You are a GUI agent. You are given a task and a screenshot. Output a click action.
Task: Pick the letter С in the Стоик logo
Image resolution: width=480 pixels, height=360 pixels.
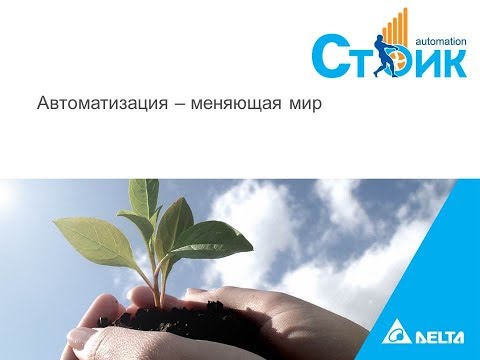329,58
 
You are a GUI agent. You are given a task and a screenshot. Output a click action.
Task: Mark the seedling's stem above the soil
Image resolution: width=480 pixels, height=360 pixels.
159,285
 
